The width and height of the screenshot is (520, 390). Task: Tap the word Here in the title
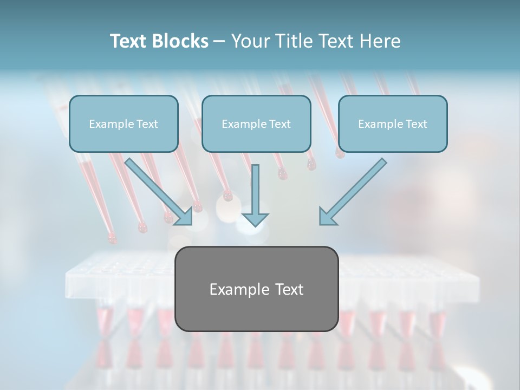pos(379,41)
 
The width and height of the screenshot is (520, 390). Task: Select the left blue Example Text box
pos(123,123)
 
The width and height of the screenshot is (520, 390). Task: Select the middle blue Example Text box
pos(256,123)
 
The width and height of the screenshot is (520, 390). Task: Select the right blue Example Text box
pos(393,123)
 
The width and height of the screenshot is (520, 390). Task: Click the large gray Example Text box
pos(256,289)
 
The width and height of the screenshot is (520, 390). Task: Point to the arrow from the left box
pos(157,190)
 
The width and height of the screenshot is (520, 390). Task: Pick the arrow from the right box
pos(355,190)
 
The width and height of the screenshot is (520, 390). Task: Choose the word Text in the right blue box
pos(416,124)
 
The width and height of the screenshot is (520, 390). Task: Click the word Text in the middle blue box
pos(279,124)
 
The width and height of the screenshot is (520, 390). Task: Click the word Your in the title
pos(248,41)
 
